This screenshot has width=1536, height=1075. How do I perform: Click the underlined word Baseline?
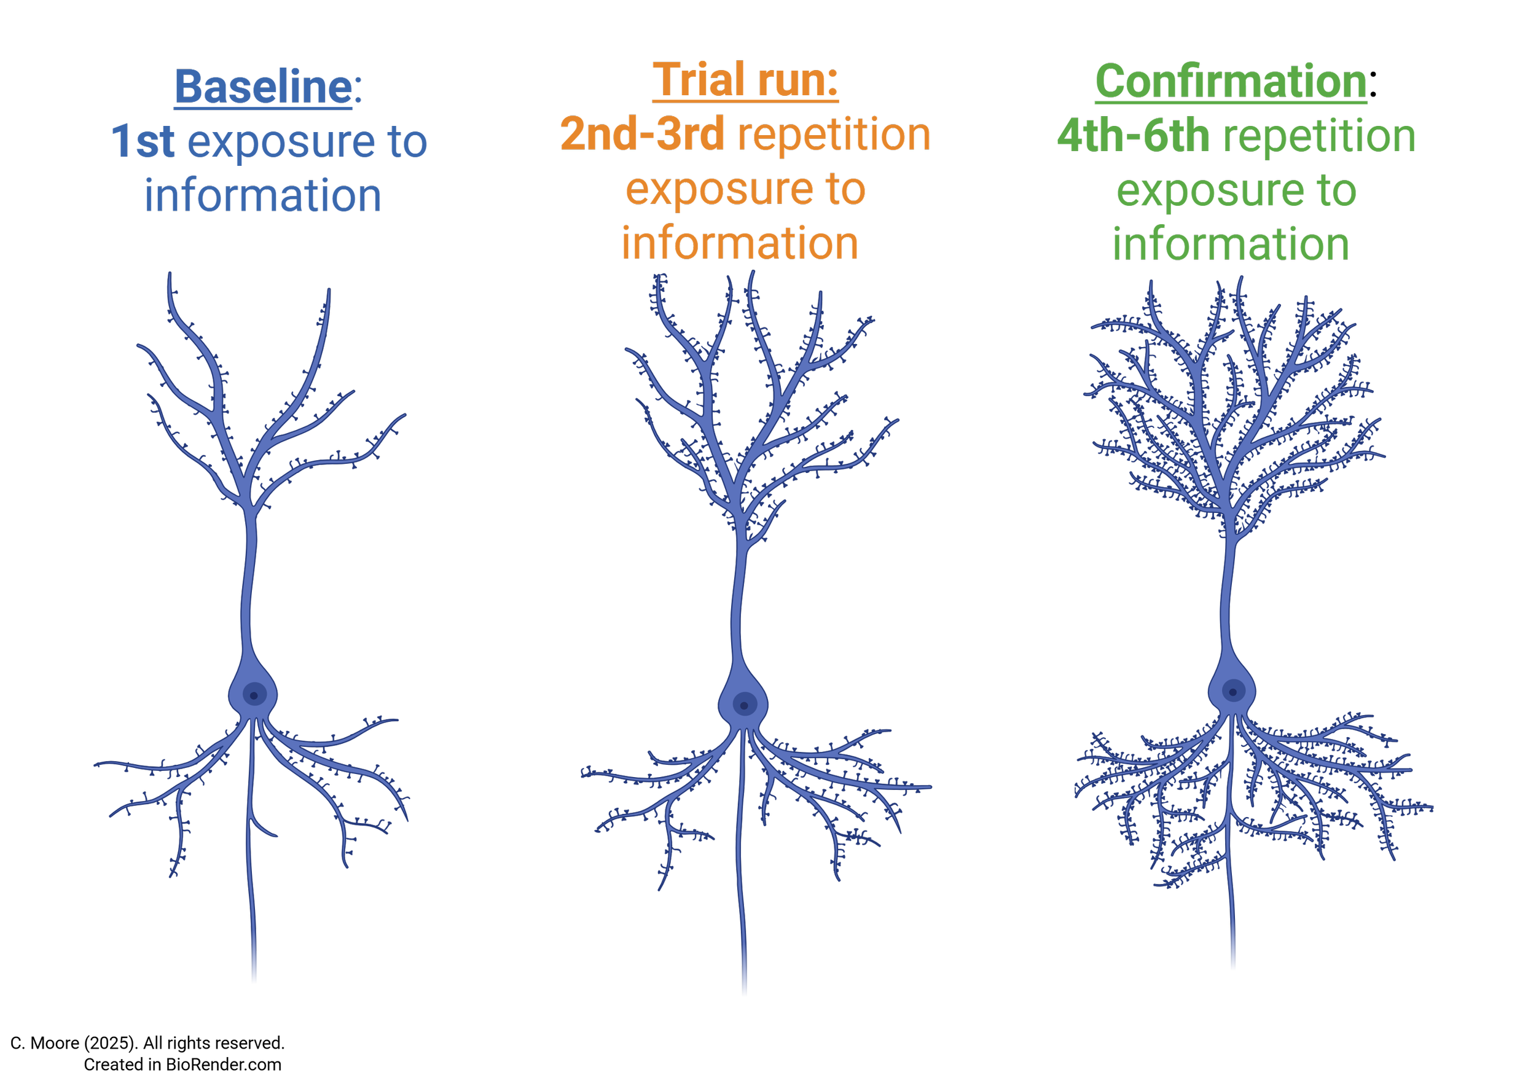click(x=264, y=87)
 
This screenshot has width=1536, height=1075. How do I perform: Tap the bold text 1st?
click(x=143, y=141)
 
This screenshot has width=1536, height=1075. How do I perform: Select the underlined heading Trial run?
click(x=745, y=80)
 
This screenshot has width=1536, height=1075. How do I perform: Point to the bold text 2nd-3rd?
click(x=642, y=134)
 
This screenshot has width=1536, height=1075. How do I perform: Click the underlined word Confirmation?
click(x=1231, y=82)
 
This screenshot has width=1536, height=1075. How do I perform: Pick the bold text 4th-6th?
click(x=1134, y=135)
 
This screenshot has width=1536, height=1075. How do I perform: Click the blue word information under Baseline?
click(x=263, y=195)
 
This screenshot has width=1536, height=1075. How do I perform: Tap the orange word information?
click(x=740, y=243)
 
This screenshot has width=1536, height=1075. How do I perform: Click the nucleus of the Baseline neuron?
click(x=254, y=695)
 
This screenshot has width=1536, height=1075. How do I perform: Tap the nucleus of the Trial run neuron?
click(x=745, y=705)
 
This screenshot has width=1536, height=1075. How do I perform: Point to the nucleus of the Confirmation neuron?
click(x=1233, y=692)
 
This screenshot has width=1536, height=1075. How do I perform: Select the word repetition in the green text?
click(x=1319, y=136)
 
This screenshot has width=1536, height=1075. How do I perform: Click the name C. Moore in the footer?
click(x=45, y=1043)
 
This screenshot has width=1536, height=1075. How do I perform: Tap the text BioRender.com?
click(x=224, y=1065)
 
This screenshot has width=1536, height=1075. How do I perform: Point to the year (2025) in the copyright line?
click(x=111, y=1043)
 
